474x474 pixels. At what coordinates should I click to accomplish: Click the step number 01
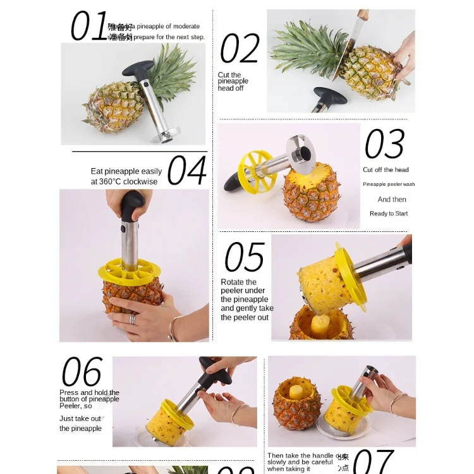(x=89, y=27)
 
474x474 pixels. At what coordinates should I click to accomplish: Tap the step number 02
(x=240, y=49)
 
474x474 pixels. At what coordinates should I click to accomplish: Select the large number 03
(x=384, y=144)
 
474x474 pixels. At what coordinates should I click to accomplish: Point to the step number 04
(x=186, y=171)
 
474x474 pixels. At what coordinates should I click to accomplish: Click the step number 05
(x=244, y=257)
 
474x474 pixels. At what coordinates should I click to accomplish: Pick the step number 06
(x=82, y=372)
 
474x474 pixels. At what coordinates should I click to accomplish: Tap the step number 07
(x=373, y=461)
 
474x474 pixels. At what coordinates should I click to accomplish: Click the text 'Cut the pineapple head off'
(x=233, y=82)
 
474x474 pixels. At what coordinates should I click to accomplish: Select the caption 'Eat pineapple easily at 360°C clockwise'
(x=126, y=176)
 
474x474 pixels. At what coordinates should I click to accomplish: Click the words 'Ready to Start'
(x=389, y=214)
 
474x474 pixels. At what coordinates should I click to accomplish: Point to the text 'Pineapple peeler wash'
(x=389, y=185)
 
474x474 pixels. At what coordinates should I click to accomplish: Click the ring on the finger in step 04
(x=133, y=319)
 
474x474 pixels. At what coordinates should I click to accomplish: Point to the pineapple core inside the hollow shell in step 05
(x=321, y=324)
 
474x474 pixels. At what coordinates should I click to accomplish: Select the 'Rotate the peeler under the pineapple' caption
(x=246, y=300)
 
